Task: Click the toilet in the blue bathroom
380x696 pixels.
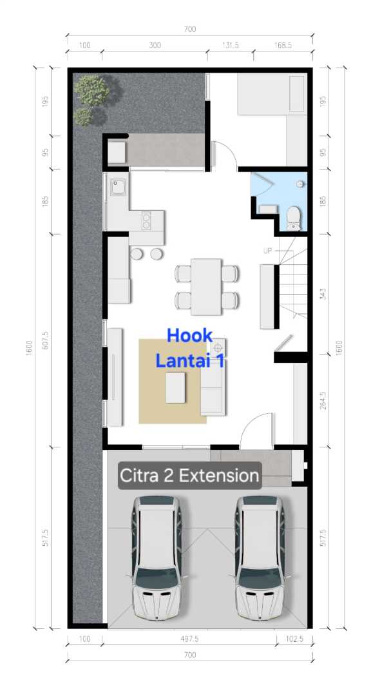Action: point(292,218)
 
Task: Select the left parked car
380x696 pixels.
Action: point(157,558)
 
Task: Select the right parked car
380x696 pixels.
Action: point(259,558)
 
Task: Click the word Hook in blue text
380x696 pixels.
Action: point(190,336)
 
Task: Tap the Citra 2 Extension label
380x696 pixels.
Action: point(189,476)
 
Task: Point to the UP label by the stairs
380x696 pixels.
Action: point(267,251)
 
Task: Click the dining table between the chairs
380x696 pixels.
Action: point(206,287)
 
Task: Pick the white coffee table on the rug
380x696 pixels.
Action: point(176,387)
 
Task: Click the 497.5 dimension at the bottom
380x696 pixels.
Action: point(189,639)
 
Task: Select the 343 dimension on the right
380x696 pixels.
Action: point(323,294)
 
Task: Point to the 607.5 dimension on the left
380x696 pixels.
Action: point(45,340)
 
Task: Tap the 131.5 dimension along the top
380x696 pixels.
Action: point(230,45)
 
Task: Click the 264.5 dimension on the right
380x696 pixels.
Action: point(323,400)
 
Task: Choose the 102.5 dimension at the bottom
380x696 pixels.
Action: point(294,639)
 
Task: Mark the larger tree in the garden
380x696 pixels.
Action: point(92,90)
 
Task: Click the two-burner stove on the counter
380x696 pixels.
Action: point(146,220)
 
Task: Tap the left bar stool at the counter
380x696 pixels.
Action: point(137,254)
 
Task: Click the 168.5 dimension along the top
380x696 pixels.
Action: point(283,45)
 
